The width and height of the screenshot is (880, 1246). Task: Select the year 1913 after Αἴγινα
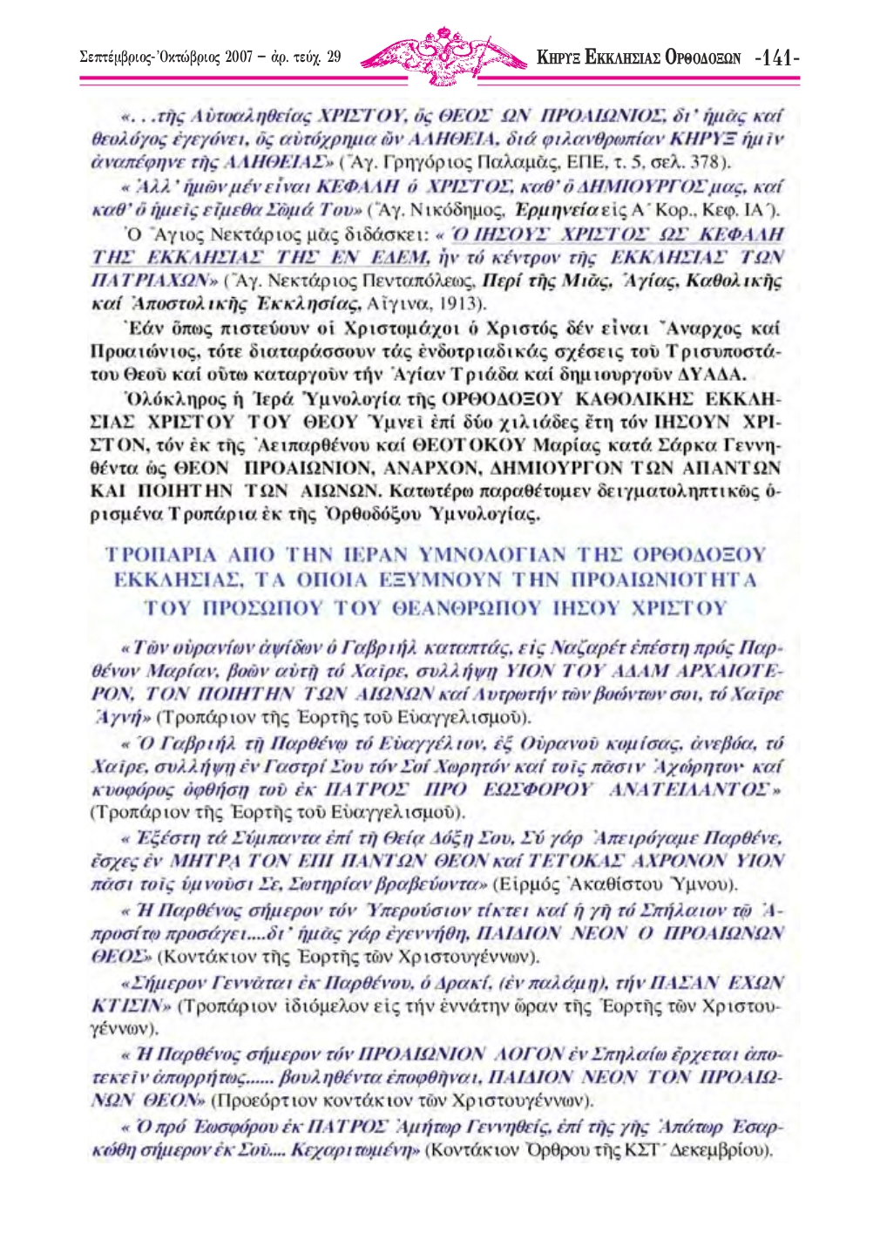click(460, 303)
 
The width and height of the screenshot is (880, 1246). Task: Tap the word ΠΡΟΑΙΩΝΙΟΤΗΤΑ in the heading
click(663, 580)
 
